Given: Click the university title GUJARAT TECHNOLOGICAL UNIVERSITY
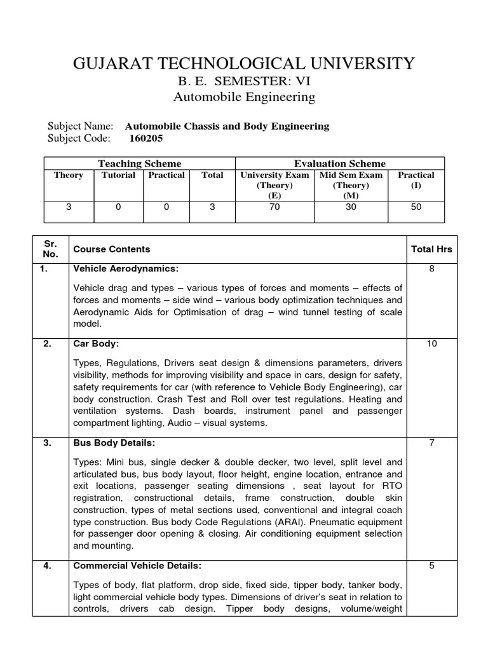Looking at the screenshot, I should click(x=244, y=63).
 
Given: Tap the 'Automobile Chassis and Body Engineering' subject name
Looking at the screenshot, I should click(x=227, y=126).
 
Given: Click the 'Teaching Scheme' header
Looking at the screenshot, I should click(x=139, y=163).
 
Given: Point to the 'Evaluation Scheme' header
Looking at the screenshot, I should click(x=339, y=163).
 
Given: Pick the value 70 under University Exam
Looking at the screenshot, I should click(x=274, y=207).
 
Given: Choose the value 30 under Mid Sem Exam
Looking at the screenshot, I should click(x=351, y=207).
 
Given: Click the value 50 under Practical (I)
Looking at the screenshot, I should click(x=416, y=207).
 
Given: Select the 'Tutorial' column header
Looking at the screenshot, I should click(x=118, y=175).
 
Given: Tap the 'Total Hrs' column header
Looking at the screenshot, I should click(x=431, y=249).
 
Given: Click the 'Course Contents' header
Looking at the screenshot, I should click(x=112, y=249).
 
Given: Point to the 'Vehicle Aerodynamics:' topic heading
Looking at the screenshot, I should click(x=126, y=269).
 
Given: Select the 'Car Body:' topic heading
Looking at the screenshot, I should click(x=97, y=344).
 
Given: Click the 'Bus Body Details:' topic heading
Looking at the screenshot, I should click(x=114, y=443).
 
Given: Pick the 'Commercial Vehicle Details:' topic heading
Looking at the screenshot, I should click(x=138, y=566).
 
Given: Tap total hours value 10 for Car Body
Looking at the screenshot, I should click(x=431, y=344).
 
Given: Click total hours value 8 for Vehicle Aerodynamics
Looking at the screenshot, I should click(x=431, y=269).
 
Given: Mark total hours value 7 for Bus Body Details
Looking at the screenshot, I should click(x=431, y=443).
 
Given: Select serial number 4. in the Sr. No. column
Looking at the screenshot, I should click(x=46, y=566).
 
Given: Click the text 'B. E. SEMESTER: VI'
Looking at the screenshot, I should click(x=244, y=81).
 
